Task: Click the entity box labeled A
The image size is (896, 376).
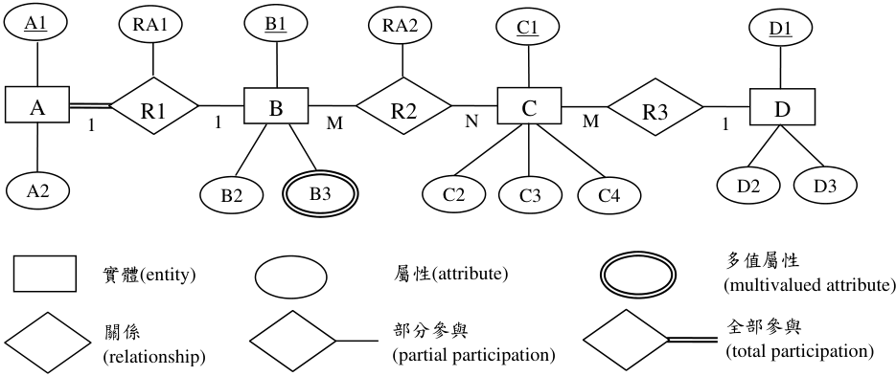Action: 37,104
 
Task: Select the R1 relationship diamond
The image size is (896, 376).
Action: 153,105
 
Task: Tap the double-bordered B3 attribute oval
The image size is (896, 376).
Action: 320,194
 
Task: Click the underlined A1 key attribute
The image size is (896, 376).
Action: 36,22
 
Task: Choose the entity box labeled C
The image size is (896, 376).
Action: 529,105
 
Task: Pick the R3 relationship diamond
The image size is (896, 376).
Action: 655,107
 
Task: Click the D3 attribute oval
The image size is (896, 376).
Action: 825,186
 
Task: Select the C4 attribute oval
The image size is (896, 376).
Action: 609,195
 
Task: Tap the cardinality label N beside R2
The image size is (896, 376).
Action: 471,122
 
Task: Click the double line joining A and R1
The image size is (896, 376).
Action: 90,105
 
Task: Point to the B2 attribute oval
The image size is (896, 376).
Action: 232,195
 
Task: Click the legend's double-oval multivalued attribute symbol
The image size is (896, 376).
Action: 639,276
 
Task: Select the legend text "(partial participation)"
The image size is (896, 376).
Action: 473,355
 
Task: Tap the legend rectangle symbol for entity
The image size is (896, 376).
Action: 45,274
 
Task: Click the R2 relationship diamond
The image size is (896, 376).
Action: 403,106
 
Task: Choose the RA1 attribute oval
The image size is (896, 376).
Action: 150,24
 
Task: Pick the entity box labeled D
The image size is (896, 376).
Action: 782,107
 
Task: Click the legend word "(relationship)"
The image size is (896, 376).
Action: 153,357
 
